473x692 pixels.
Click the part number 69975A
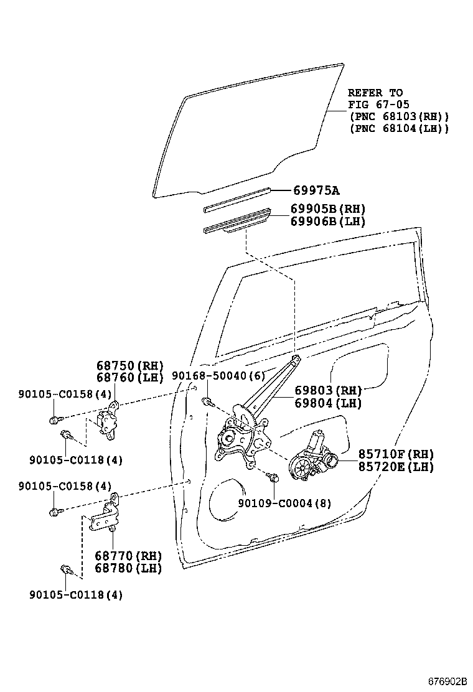319,190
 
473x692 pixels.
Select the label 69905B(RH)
328,209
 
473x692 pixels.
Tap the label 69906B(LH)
328,222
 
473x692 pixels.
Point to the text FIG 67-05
378,105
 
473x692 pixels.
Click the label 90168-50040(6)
218,376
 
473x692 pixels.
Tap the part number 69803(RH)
328,391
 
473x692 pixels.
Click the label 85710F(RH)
396,454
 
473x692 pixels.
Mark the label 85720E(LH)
396,466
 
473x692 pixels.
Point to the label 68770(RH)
128,556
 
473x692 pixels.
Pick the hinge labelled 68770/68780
106,515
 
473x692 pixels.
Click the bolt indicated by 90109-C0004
272,477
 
